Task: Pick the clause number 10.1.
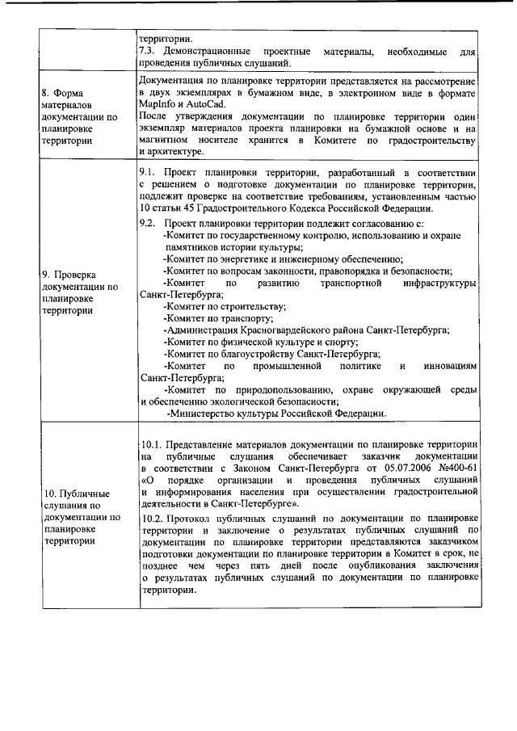click(152, 445)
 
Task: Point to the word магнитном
click(169, 141)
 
